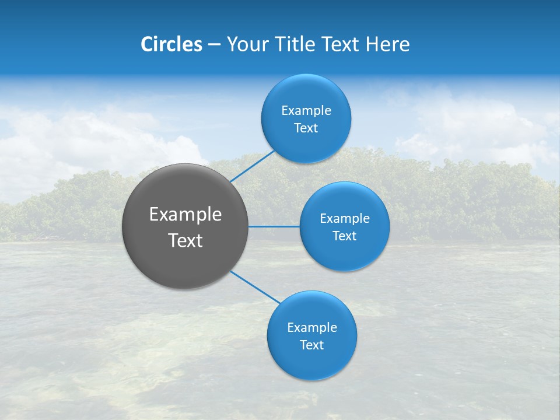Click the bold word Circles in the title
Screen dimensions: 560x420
[171, 44]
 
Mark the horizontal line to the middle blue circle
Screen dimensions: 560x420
[274, 226]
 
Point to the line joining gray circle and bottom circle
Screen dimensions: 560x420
[256, 287]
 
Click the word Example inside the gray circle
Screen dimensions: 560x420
[185, 215]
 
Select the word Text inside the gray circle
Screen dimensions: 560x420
[185, 240]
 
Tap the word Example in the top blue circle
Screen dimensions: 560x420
[306, 111]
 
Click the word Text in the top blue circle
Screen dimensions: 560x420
[306, 128]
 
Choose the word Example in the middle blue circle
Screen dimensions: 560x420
[345, 219]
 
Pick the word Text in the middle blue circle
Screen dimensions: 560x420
[345, 236]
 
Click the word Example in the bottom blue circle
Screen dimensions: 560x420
[312, 328]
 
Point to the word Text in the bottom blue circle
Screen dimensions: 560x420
[312, 345]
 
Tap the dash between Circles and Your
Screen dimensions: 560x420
[214, 44]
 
